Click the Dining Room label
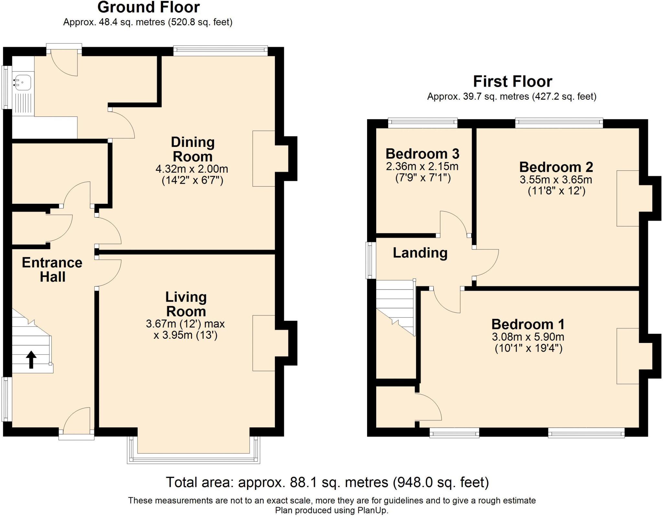pyautogui.click(x=192, y=149)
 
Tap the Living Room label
pyautogui.click(x=186, y=304)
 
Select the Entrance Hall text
pyautogui.click(x=52, y=269)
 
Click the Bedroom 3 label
pyautogui.click(x=422, y=154)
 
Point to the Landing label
pyautogui.click(x=420, y=253)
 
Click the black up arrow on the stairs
pyautogui.click(x=31, y=360)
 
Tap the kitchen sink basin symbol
pyautogui.click(x=23, y=82)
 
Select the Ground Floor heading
pyautogui.click(x=149, y=7)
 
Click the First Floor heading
pyautogui.click(x=512, y=81)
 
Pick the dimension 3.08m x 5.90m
pyautogui.click(x=528, y=337)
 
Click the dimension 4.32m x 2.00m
pyautogui.click(x=192, y=169)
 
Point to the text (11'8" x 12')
pyautogui.click(x=556, y=191)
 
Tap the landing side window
pyautogui.click(x=369, y=260)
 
